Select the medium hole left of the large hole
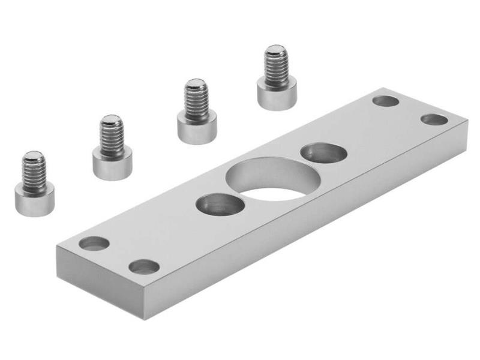(x=220, y=205)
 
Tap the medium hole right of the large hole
(x=323, y=153)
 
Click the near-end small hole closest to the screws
(x=95, y=244)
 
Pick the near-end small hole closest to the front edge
(x=144, y=266)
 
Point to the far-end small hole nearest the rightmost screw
(x=385, y=101)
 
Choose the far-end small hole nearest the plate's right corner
(x=434, y=119)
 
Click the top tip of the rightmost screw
(x=276, y=49)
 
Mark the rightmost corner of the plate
(x=467, y=123)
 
